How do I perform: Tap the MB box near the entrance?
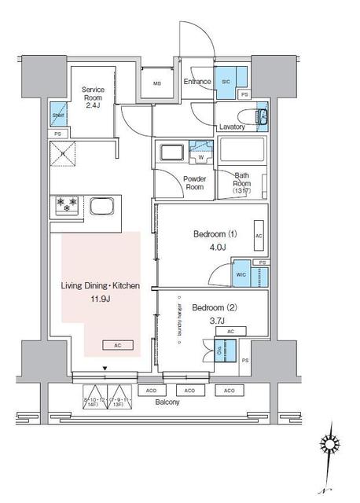point(157,84)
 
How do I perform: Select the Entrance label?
point(197,82)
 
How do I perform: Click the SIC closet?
point(226,82)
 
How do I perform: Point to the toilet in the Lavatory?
point(263,119)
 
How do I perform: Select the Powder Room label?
point(195,182)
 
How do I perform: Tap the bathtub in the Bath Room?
point(242,150)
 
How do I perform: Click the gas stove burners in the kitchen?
point(68,205)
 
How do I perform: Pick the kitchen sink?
point(103,206)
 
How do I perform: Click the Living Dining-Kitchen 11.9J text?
point(101,292)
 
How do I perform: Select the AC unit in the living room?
point(117,345)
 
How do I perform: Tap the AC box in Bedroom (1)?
point(259,234)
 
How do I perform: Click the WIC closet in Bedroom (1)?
point(241,275)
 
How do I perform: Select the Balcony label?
point(167,402)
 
